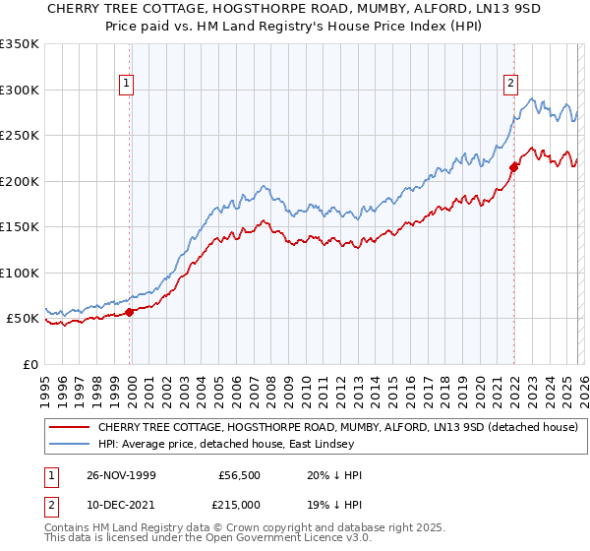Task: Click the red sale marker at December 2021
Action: coord(513,168)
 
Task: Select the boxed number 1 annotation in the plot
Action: coord(128,85)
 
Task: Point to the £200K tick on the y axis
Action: coord(20,181)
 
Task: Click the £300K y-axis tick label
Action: coord(20,90)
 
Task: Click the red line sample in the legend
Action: coord(71,428)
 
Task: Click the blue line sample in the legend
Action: coord(71,445)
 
